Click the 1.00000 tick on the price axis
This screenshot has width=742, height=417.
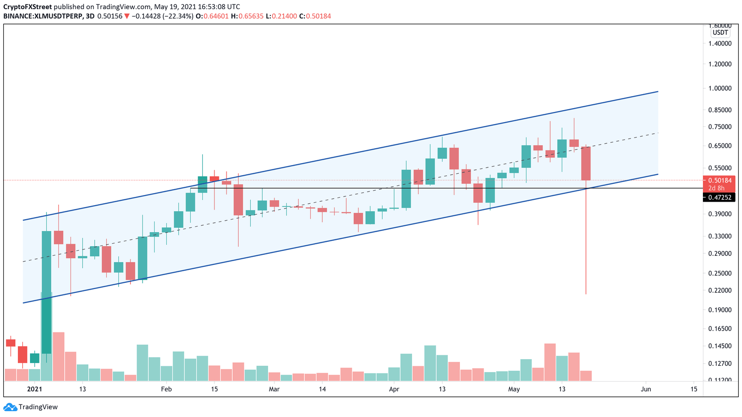(x=720, y=88)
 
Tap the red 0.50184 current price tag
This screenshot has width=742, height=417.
(x=719, y=181)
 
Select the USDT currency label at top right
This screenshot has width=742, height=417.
(x=720, y=33)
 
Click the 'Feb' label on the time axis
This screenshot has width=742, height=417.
(x=166, y=389)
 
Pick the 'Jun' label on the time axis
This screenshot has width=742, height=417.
(x=645, y=389)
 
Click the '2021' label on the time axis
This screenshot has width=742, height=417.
(x=35, y=389)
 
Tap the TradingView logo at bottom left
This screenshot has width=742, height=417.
(x=31, y=407)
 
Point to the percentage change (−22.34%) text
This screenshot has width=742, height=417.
(x=178, y=16)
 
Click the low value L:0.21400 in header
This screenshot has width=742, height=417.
(x=281, y=16)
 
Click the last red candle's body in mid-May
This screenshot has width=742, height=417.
(x=586, y=164)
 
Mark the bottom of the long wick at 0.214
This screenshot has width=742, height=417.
(x=586, y=293)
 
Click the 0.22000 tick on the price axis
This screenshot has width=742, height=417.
(x=720, y=291)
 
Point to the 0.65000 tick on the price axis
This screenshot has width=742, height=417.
(x=720, y=146)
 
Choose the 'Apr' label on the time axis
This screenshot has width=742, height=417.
(x=394, y=389)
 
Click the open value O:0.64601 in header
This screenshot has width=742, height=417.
(x=212, y=16)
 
